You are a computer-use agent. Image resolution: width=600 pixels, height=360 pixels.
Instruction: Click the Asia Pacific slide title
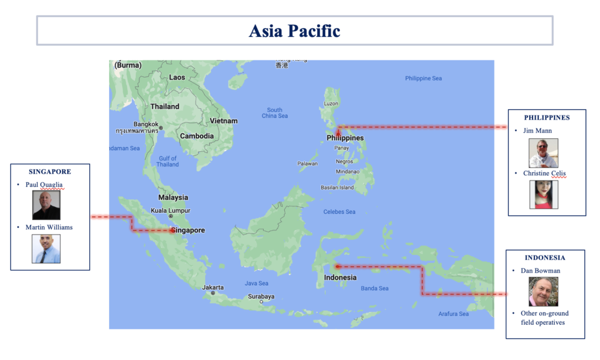[x=294, y=30]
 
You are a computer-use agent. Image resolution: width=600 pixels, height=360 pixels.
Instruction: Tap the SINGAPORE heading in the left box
[x=50, y=172]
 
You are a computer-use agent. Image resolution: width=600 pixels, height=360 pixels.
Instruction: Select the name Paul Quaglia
[x=44, y=185]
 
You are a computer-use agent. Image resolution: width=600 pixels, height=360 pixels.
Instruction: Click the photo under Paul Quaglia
[x=46, y=205]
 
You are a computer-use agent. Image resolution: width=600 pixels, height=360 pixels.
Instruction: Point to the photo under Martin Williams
[x=46, y=249]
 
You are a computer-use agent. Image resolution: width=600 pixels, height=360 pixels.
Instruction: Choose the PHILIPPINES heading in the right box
[x=547, y=117]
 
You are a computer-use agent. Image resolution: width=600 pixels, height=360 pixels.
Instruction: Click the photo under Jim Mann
[x=544, y=153]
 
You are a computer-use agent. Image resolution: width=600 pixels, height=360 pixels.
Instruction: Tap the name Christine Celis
[x=544, y=174]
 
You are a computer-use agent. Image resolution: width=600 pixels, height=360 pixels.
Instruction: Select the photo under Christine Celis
[x=544, y=195]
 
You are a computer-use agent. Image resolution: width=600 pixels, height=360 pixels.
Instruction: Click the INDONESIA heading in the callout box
[x=545, y=257]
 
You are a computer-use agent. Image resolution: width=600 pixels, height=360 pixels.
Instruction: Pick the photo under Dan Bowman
[x=544, y=291]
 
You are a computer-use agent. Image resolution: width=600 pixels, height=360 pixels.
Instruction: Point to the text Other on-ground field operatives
[x=544, y=318]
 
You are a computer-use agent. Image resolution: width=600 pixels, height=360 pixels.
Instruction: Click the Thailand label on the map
[x=165, y=107]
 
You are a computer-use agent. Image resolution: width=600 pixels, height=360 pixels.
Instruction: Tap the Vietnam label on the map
[x=224, y=121]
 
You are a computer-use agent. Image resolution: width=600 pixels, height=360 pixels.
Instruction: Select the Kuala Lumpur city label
[x=171, y=210]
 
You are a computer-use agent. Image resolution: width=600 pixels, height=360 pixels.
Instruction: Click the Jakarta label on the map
[x=213, y=287]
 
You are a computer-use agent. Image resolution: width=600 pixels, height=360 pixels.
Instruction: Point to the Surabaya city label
[x=261, y=297]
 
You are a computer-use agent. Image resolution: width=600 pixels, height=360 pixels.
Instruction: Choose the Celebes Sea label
[x=339, y=212]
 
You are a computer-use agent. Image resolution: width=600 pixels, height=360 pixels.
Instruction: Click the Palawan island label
[x=307, y=164]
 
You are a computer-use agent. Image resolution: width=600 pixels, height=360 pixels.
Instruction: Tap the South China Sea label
[x=275, y=113]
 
